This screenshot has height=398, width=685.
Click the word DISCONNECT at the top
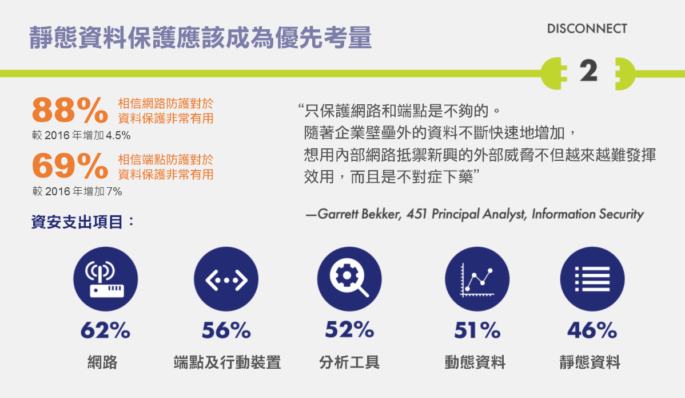tap(587, 29)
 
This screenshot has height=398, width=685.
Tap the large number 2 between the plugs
tap(588, 70)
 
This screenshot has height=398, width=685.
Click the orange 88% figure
tap(70, 110)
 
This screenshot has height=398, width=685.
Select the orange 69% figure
tap(70, 165)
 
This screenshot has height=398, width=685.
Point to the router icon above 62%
tap(105, 279)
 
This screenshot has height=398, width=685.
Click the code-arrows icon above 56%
tap(226, 279)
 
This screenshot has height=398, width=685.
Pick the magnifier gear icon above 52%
tap(349, 279)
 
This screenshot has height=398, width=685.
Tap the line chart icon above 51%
tap(477, 279)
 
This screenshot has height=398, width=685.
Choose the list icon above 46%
tap(592, 279)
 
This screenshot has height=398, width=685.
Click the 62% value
tap(105, 330)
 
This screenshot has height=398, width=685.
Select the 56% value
tap(226, 330)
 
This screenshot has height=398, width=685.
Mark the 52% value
tap(349, 330)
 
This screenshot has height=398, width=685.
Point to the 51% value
tap(477, 330)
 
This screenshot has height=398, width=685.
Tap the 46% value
tap(592, 330)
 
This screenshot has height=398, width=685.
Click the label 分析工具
tap(349, 362)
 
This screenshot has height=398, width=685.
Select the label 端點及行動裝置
tap(227, 362)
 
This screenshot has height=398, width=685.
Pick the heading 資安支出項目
tap(77, 222)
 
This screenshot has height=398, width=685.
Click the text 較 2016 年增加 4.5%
tap(81, 135)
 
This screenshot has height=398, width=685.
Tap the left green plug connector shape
tap(553, 73)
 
